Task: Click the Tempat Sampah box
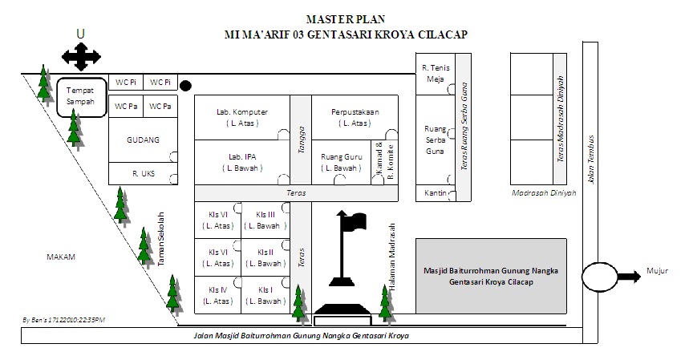coord(80,97)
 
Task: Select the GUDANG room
coord(143,140)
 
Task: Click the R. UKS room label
coord(143,173)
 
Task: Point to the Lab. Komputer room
coord(241,117)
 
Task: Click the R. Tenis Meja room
coord(436,74)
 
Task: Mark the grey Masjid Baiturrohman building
coord(491,276)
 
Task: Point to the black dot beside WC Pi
coord(186,86)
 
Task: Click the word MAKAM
coord(60,257)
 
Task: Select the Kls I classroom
coord(265,295)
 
